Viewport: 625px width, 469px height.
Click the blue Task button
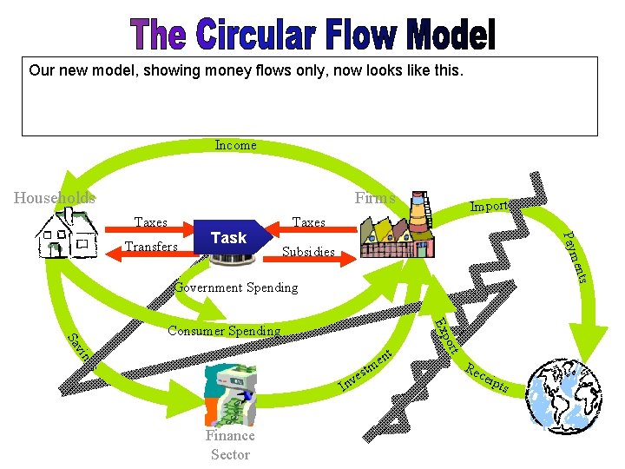228,238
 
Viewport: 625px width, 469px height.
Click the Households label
55,198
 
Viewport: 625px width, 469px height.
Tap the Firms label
374,198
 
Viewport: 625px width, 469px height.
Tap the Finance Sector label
230,445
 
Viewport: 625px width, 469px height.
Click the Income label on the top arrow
235,145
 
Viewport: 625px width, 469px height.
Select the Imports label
490,206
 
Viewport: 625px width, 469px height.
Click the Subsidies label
308,253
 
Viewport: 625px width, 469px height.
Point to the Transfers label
151,247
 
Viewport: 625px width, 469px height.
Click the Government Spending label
235,287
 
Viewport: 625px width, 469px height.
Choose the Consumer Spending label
224,331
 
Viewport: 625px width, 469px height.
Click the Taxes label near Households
151,222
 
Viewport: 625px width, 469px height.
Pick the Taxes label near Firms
309,222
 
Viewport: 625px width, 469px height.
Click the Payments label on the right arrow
576,256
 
